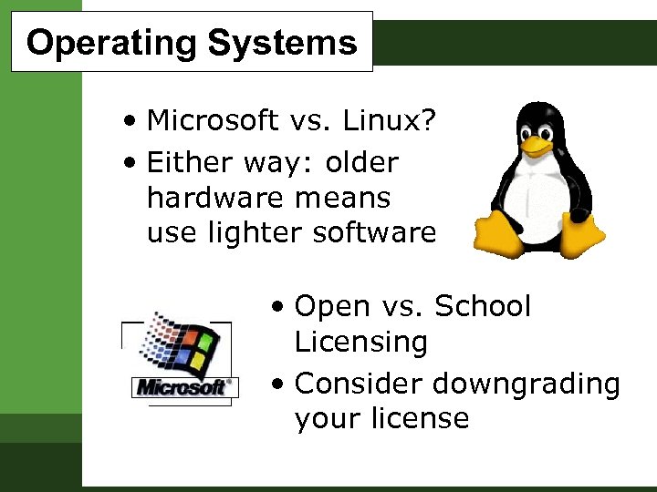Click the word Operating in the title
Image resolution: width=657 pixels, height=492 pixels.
click(x=111, y=43)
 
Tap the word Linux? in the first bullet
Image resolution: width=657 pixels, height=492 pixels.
click(x=396, y=119)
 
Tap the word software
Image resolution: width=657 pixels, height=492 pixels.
click(x=374, y=233)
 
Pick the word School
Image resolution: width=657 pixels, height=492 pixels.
click(x=483, y=306)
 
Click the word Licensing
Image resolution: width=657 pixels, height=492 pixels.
click(x=361, y=343)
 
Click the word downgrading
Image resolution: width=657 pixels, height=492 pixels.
click(x=527, y=384)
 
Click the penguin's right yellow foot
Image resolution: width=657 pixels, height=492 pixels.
click(x=581, y=236)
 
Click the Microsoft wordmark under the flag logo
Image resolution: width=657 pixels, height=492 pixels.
click(x=182, y=386)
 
